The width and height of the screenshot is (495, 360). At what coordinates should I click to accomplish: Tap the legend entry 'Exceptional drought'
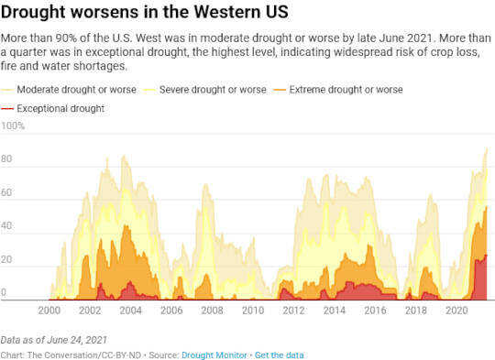pyautogui.click(x=60, y=109)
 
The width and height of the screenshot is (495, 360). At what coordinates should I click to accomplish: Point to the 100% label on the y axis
pyautogui.click(x=13, y=125)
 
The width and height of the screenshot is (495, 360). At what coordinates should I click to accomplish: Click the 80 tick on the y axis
pyautogui.click(x=7, y=159)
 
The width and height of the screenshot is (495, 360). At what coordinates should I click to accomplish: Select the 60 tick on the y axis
pyautogui.click(x=7, y=193)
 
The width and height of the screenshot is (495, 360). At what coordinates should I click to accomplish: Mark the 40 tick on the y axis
pyautogui.click(x=7, y=226)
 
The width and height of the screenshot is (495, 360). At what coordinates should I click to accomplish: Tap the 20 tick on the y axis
pyautogui.click(x=7, y=260)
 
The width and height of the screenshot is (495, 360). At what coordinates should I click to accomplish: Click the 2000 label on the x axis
pyautogui.click(x=49, y=311)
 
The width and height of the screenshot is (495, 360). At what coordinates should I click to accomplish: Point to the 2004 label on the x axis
pyautogui.click(x=131, y=311)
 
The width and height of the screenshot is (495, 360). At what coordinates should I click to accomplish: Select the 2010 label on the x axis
pyautogui.click(x=253, y=311)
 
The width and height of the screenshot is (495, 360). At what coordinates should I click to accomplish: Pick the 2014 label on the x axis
pyautogui.click(x=334, y=311)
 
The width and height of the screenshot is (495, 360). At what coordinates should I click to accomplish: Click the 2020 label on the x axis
pyautogui.click(x=456, y=311)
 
